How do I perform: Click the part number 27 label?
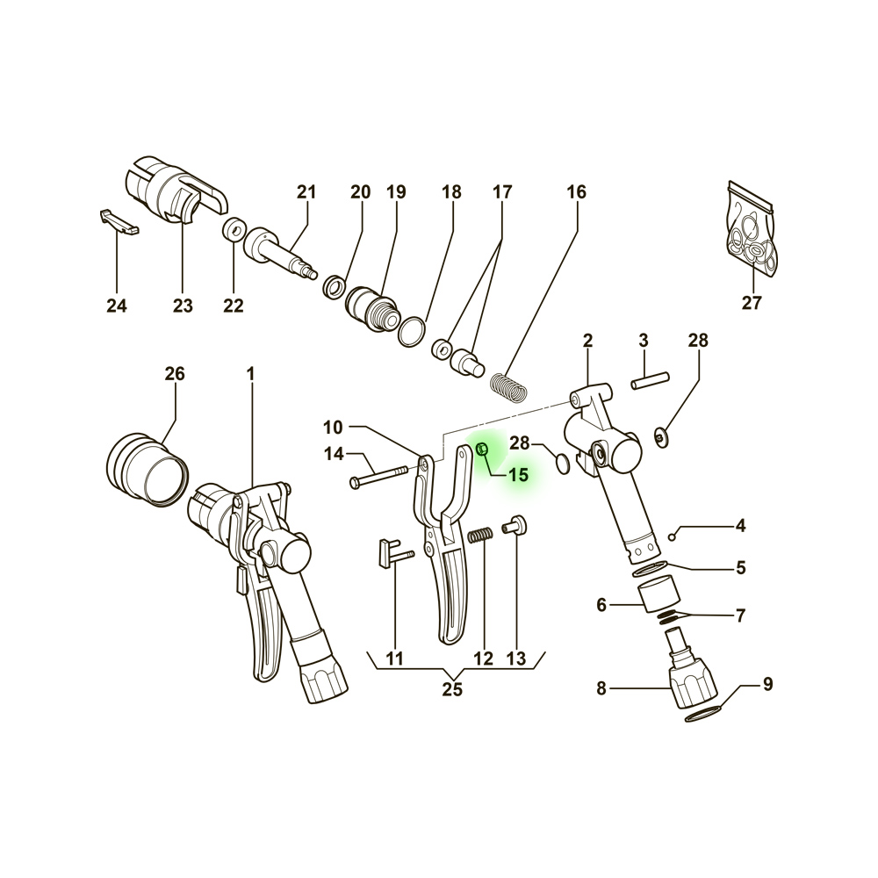pos(752,302)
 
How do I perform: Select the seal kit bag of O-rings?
pos(752,228)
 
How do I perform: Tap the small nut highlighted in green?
pos(481,449)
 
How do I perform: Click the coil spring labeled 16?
pos(508,387)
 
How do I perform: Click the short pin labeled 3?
pos(650,380)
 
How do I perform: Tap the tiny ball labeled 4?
pos(673,537)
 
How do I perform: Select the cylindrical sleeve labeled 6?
pos(659,594)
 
